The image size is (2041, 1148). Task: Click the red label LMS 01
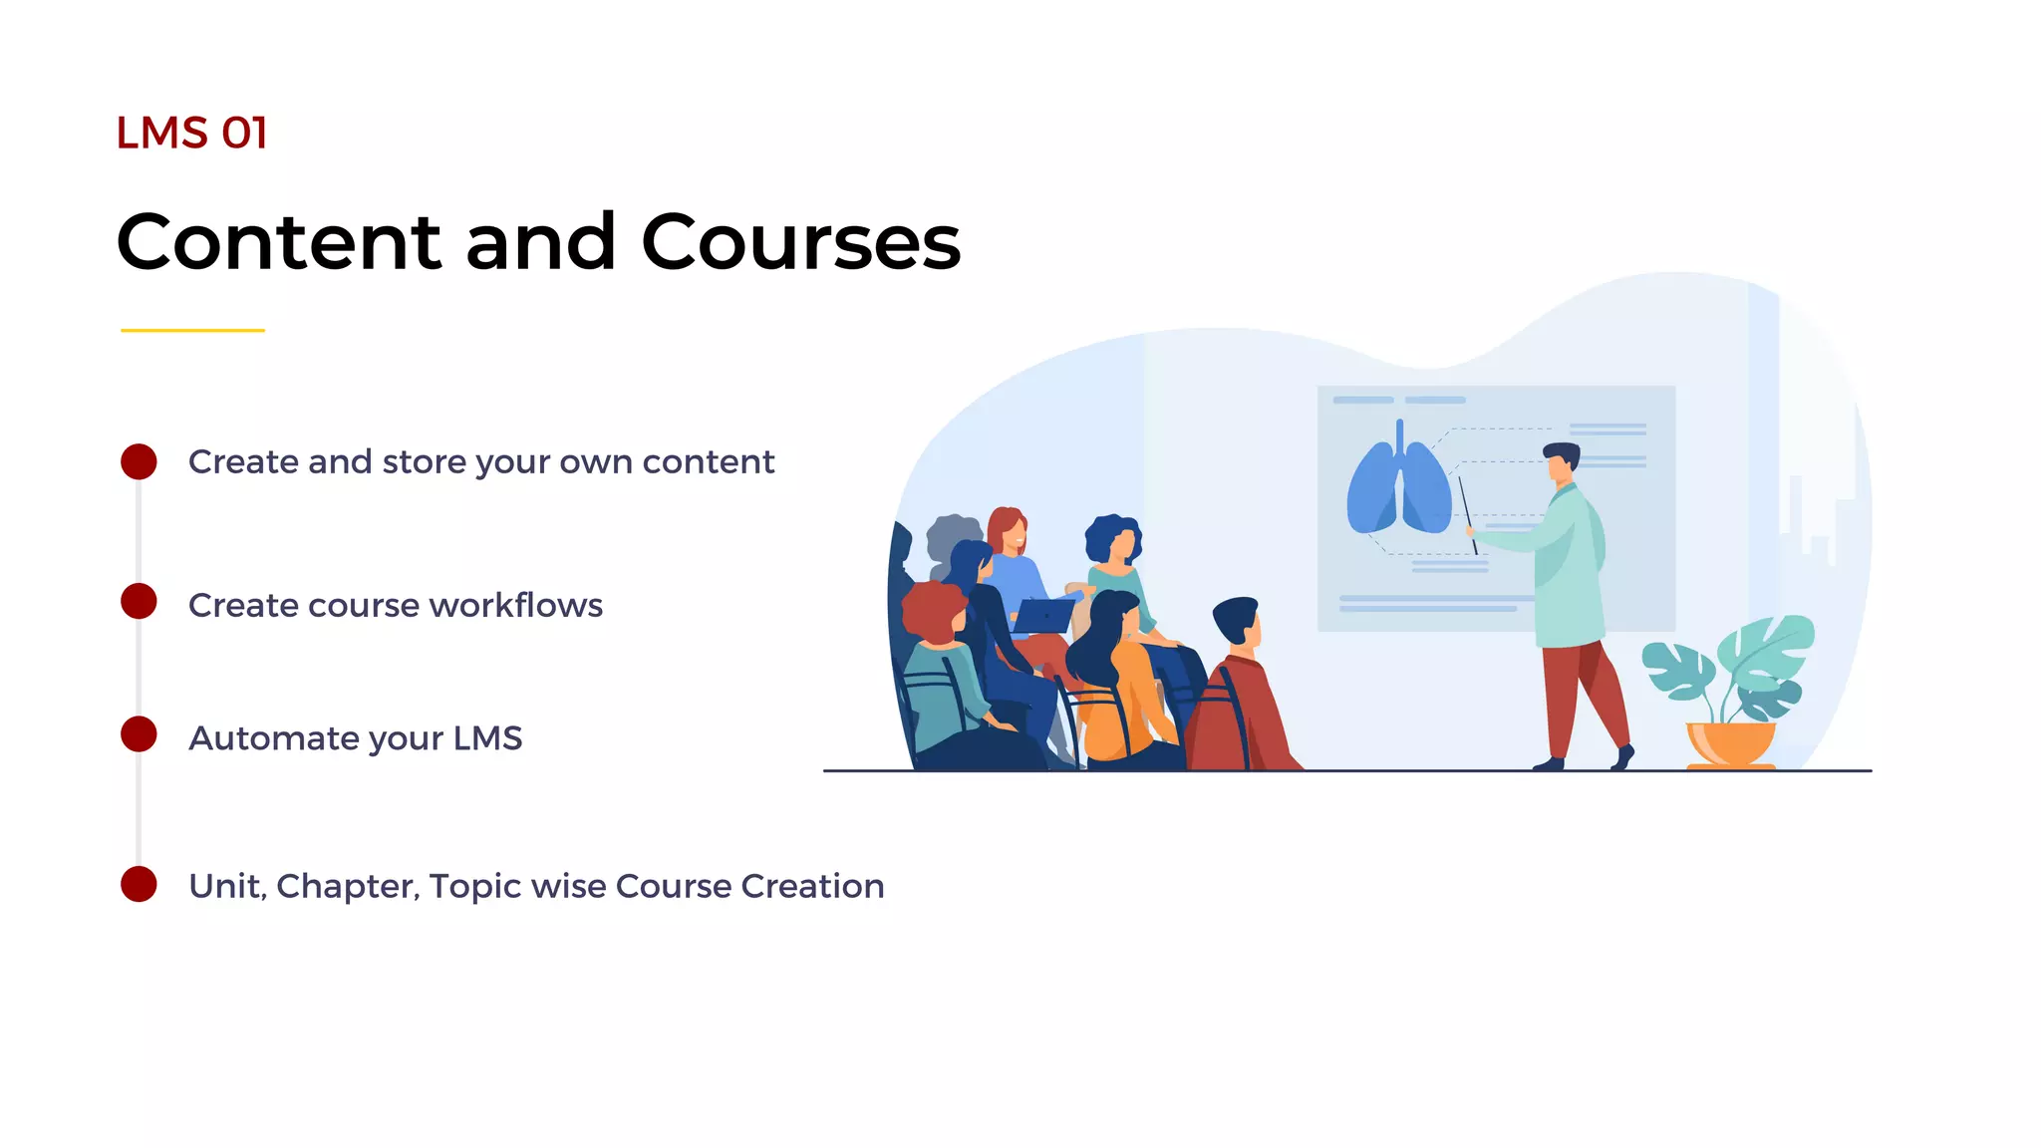(x=191, y=134)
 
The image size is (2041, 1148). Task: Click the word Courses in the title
(x=800, y=242)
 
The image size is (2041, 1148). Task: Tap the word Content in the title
(x=278, y=242)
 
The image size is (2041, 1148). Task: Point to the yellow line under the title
(x=192, y=330)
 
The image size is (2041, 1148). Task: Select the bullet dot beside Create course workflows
(x=139, y=602)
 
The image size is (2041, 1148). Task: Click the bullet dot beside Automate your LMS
(x=139, y=734)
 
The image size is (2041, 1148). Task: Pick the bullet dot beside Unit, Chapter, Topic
(x=139, y=884)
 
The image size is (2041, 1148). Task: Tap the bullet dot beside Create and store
(x=139, y=461)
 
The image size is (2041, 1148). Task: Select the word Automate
(x=273, y=738)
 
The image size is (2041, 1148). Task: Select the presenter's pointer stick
(x=1467, y=513)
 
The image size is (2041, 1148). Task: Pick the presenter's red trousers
(x=1580, y=698)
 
